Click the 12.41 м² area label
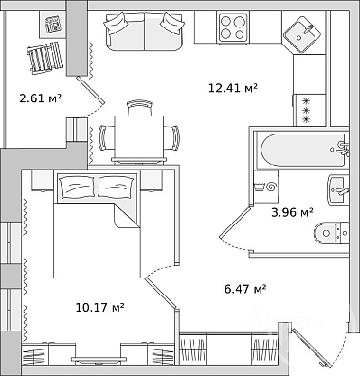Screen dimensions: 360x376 point(233,88)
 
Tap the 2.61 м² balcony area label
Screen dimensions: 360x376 point(40,98)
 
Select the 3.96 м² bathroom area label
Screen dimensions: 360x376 point(292,212)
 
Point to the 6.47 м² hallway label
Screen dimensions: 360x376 point(245,289)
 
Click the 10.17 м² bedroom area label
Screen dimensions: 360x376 point(99,307)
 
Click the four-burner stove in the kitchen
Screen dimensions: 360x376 point(233,27)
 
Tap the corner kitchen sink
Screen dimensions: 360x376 point(302,34)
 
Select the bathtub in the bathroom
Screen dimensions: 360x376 point(301,150)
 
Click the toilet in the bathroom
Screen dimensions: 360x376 point(331,233)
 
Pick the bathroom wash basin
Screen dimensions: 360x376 point(338,190)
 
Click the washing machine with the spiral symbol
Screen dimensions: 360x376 point(266,187)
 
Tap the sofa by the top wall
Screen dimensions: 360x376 point(145,31)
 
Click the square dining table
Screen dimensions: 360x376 point(139,137)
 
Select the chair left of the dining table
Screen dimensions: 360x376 point(107,137)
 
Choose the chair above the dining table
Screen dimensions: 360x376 point(139,108)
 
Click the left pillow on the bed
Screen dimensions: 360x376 point(78,188)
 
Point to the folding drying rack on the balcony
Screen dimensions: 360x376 point(45,58)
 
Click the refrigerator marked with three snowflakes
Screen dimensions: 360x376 point(310,110)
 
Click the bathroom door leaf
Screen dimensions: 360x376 point(236,221)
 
